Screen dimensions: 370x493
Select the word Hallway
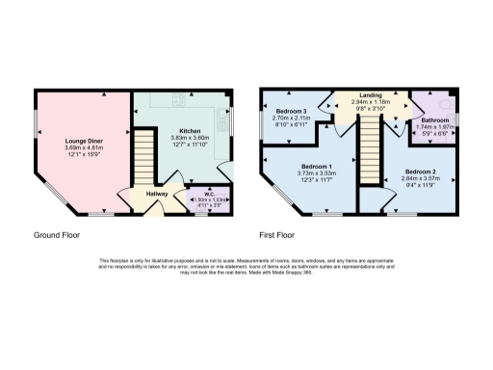(157, 194)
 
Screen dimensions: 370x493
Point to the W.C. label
(208, 191)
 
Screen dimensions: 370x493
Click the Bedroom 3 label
(291, 112)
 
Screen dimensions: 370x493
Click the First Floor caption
(277, 234)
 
